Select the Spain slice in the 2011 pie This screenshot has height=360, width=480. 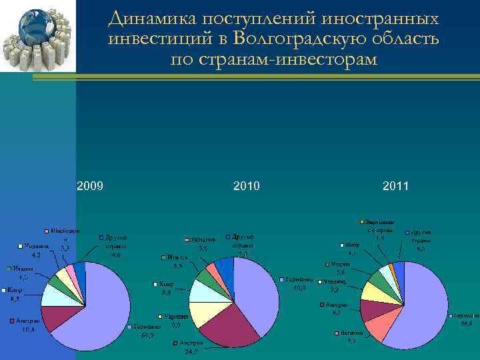coord(377,327)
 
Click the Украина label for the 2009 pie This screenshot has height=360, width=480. coord(36,246)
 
